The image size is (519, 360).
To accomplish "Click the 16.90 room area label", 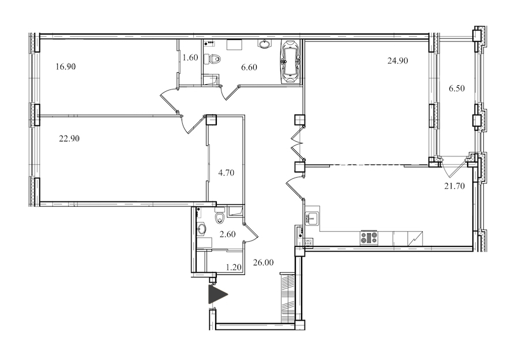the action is [66, 67].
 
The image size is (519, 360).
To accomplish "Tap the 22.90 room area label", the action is [69, 138].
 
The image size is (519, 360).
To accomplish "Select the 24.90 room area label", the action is [398, 61].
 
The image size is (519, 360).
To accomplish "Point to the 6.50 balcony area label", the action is [457, 88].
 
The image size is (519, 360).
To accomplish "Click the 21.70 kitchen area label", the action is [454, 186].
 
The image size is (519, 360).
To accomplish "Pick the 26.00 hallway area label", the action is [264, 262].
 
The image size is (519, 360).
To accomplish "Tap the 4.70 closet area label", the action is [226, 172].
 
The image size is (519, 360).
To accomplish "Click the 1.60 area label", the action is [190, 58].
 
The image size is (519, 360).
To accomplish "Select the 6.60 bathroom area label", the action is [249, 67].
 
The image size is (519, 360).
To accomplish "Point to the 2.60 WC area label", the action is [228, 234].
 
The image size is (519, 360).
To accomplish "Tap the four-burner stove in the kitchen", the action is [368, 238].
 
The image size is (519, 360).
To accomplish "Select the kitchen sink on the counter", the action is [311, 219].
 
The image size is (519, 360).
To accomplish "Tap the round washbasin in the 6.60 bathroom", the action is [264, 44].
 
